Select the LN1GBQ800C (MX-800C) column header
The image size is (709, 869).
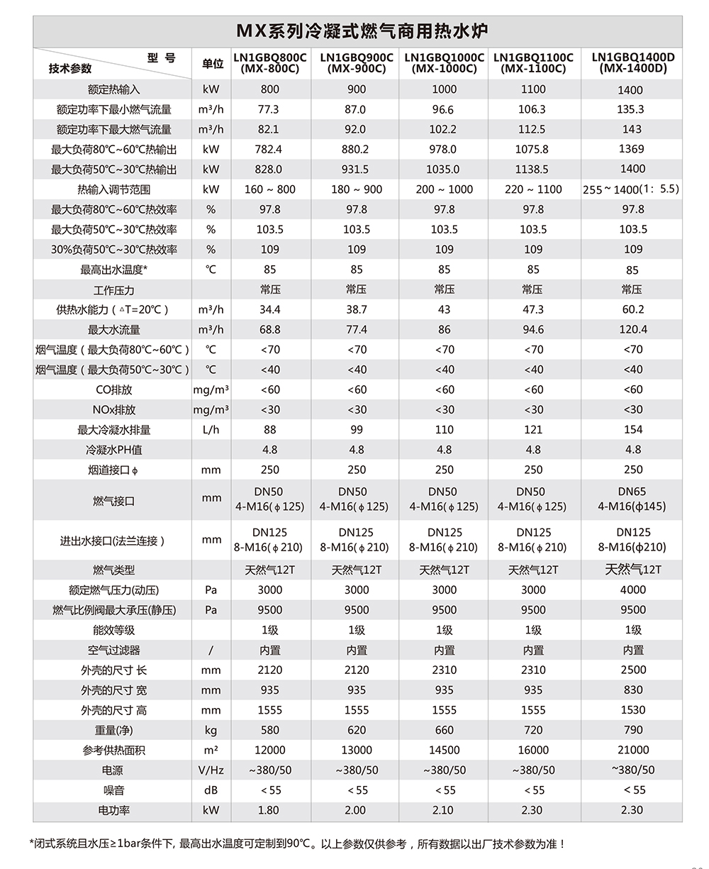[270, 63]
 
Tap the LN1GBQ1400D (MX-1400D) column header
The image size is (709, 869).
[632, 63]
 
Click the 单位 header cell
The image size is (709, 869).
[212, 64]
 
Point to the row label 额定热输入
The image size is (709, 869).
[113, 89]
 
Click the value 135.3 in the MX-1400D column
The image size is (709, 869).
[631, 109]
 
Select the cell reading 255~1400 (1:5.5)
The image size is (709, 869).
[631, 189]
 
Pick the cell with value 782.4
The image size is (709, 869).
[270, 150]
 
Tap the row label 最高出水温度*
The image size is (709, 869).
[113, 270]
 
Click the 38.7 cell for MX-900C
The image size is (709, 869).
[357, 309]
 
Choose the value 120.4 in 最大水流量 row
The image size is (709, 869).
[632, 329]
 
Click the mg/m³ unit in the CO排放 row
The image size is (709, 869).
[211, 389]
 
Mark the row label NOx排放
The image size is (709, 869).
[113, 410]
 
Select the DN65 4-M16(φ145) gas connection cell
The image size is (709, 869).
[632, 499]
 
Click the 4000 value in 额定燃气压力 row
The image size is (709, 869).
[632, 590]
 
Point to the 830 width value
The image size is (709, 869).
[632, 690]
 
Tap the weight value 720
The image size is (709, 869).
[533, 730]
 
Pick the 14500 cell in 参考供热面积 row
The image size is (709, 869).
[445, 750]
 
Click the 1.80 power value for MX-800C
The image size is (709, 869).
[269, 810]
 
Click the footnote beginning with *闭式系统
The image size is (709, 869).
[298, 843]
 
